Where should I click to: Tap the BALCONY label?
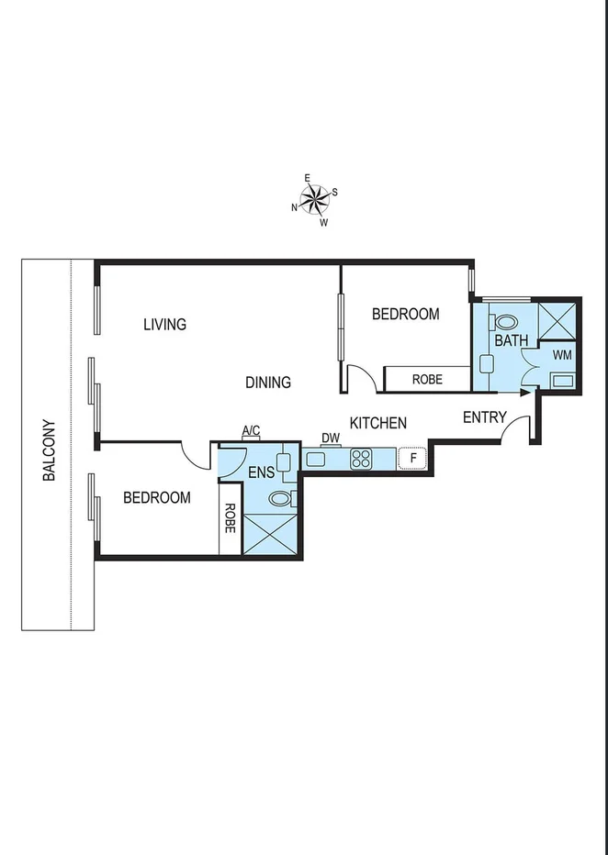coord(49,450)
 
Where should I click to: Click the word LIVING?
coord(165,324)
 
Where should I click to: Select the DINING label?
coord(268,383)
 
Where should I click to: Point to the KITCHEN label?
coord(377,423)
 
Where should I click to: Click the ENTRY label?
coord(484,417)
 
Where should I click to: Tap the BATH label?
coord(512,340)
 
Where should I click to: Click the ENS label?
coord(262,473)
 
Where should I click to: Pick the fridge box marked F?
coord(413,457)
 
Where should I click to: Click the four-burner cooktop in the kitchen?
coord(361,458)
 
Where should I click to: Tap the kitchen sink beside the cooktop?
coord(317,459)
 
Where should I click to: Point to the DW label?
coord(331,439)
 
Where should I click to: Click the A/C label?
coord(251,430)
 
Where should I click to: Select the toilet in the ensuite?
coord(280,498)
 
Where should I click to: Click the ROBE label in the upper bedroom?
coord(427,379)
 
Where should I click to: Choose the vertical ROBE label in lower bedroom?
coord(230,519)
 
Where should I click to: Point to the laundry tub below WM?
coord(561,380)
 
